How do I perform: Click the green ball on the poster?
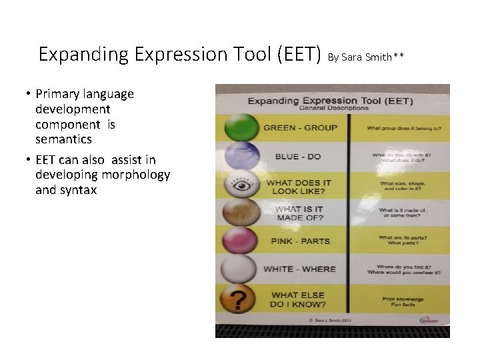tap(240, 127)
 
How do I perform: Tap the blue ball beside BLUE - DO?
tap(240, 156)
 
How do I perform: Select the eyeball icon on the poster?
tap(240, 185)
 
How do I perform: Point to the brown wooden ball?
tap(240, 213)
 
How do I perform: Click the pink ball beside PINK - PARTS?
tap(240, 241)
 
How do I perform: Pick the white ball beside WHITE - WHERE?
tap(240, 269)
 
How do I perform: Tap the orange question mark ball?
tap(240, 299)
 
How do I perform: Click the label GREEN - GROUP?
tap(300, 127)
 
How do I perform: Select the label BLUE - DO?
tap(298, 157)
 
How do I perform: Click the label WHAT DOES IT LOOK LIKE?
tap(299, 187)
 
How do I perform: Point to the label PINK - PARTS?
tap(300, 241)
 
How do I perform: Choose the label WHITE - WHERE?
tap(299, 269)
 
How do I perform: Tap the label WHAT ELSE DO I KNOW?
tap(298, 300)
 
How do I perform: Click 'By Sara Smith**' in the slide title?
tap(366, 57)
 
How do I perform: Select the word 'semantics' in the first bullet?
tap(63, 140)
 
